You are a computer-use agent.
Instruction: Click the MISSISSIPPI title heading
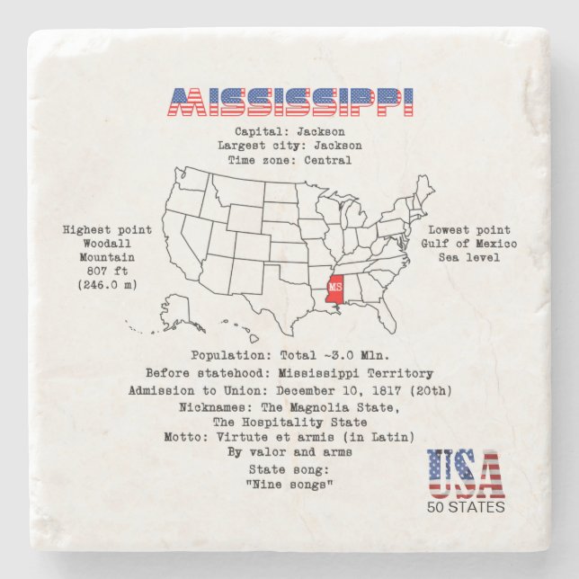[x=290, y=102]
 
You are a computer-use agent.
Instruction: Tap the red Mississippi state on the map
[x=334, y=289]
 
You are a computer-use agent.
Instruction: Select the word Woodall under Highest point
[x=108, y=244]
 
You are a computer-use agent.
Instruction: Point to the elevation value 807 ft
[x=108, y=272]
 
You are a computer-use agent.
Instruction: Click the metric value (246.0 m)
[x=108, y=286]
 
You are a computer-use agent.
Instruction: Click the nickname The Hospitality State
[x=289, y=423]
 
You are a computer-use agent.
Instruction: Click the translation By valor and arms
[x=289, y=452]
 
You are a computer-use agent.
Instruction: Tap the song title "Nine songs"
[x=289, y=485]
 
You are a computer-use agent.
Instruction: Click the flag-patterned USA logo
[x=465, y=474]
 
